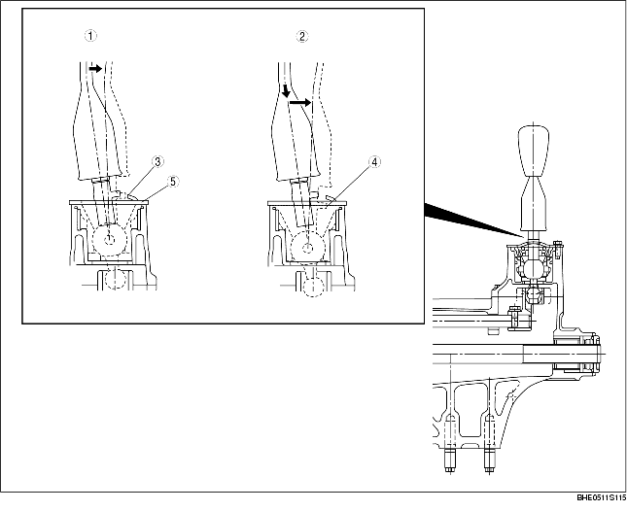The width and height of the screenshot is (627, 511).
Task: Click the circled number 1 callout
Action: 89,37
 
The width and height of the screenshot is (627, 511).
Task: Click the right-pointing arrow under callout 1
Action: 94,70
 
